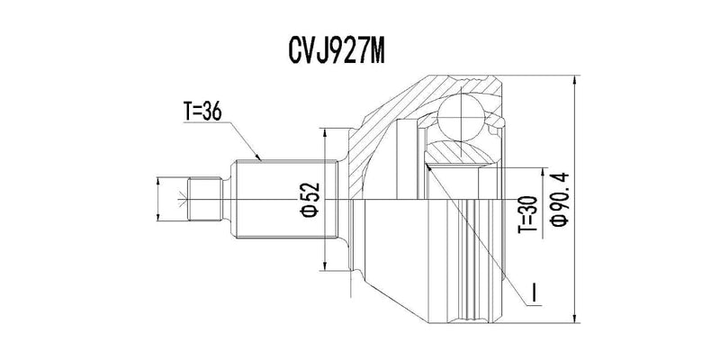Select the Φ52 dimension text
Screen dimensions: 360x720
[309, 199]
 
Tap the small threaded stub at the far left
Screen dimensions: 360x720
[205, 199]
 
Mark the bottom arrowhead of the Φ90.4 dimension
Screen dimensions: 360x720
[575, 319]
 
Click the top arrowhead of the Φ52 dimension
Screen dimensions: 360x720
[323, 128]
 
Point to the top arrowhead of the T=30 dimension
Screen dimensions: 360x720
[542, 168]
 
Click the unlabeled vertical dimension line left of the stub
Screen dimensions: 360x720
[158, 199]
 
